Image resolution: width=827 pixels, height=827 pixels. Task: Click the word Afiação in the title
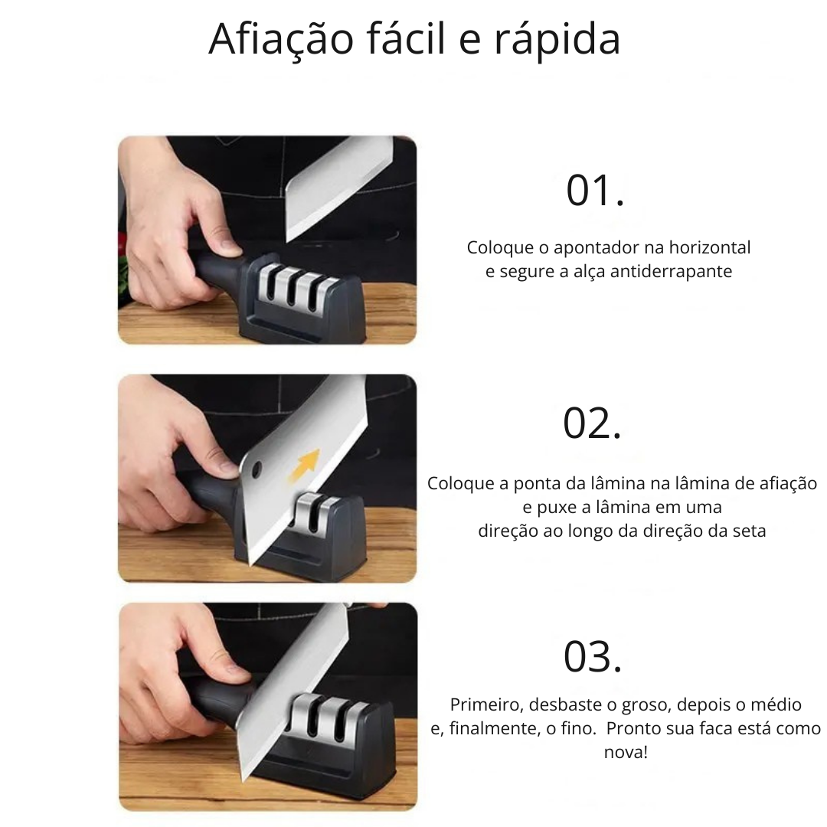pos(280,40)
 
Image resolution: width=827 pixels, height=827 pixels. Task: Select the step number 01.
pos(595,191)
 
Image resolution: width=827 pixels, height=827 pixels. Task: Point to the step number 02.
pos(592,423)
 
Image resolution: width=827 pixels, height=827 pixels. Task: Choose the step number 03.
pos(592,657)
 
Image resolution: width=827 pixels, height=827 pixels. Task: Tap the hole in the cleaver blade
pos(257,468)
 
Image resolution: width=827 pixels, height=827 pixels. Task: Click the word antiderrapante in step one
pos(671,271)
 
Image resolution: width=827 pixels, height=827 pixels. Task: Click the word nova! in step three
pos(626,752)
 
